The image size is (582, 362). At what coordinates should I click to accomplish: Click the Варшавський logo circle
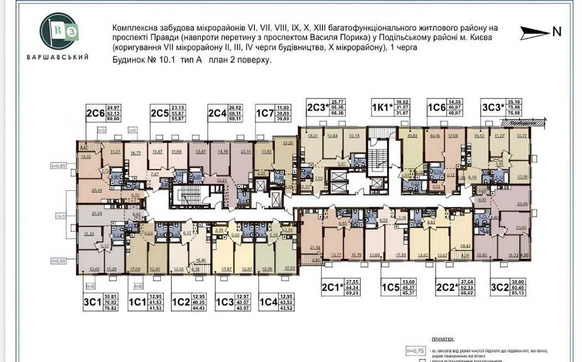(58, 30)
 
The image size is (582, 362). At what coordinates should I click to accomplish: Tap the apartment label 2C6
(95, 113)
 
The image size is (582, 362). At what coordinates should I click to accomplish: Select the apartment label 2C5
(159, 113)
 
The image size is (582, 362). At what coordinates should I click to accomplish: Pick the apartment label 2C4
(218, 113)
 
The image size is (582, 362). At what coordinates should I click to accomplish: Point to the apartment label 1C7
(265, 113)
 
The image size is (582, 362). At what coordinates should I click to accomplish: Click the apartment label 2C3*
(318, 107)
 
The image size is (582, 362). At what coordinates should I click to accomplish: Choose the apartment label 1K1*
(383, 107)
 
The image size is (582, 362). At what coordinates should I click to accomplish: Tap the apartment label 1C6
(437, 107)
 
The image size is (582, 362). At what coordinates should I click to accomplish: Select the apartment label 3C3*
(492, 107)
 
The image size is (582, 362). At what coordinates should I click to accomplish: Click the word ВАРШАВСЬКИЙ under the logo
(58, 56)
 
